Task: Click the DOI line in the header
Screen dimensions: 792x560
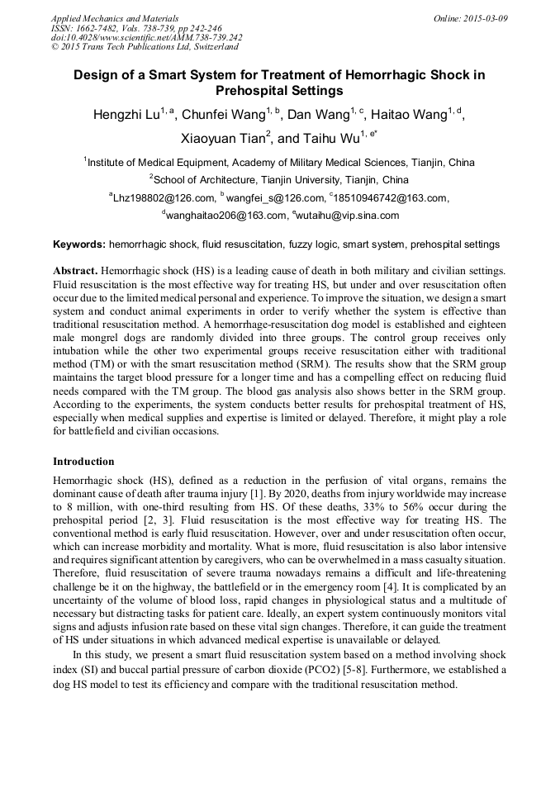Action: pyautogui.click(x=146, y=37)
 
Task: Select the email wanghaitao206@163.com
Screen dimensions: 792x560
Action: pyautogui.click(x=220, y=216)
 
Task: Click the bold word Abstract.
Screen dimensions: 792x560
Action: pyautogui.click(x=76, y=271)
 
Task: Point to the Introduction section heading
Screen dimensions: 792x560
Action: pyautogui.click(x=83, y=462)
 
